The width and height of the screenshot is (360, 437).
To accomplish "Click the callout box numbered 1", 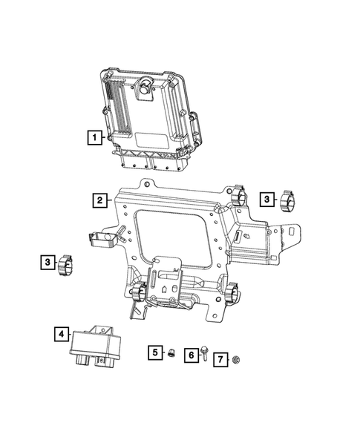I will [x=94, y=137].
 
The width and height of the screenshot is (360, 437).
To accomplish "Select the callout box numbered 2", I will [x=98, y=200].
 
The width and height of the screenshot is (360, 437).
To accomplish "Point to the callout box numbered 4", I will [x=61, y=335].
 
